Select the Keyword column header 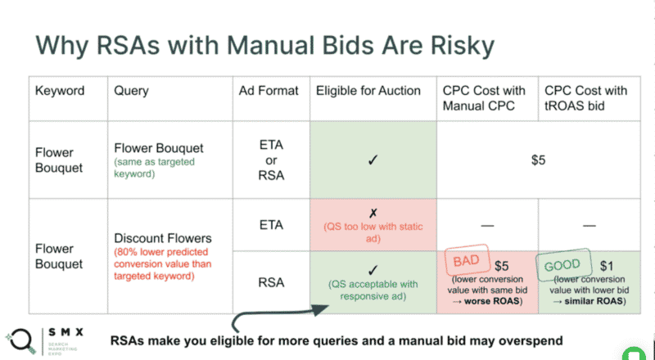click(60, 91)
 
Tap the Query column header click(131, 91)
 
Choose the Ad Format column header click(269, 91)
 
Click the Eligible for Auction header click(368, 91)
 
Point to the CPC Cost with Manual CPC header click(484, 98)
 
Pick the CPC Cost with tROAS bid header click(585, 98)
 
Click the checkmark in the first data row click(373, 160)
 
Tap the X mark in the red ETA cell click(373, 213)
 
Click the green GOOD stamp click(562, 265)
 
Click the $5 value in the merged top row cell click(539, 160)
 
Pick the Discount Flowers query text click(163, 238)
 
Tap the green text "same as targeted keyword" click(155, 167)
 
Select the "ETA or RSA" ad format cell click(271, 160)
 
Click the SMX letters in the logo click(65, 332)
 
